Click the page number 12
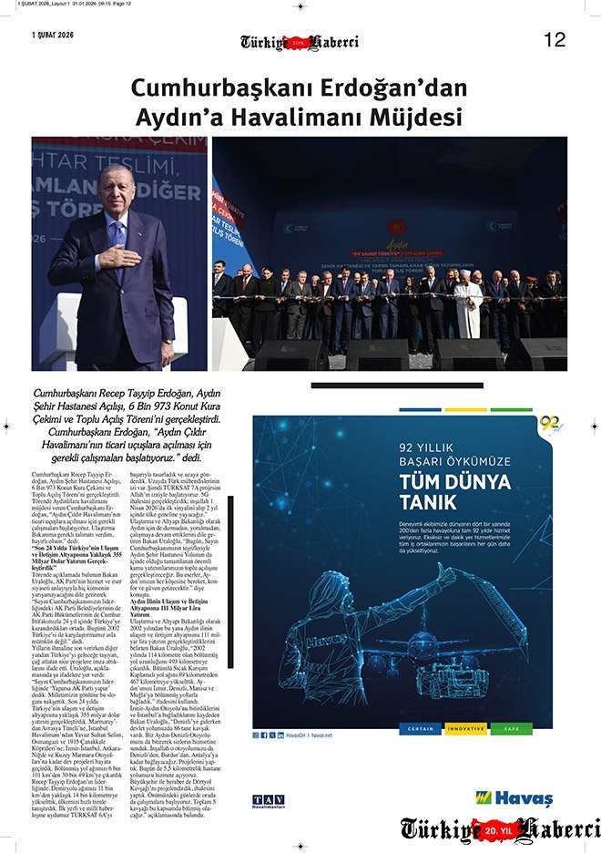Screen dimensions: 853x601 pos(555,39)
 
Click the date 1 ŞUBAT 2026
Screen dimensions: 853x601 pos(52,36)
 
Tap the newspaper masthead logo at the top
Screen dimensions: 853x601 pos(299,42)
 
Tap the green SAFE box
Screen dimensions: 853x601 pos(512,729)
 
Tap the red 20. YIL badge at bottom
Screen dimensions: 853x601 pos(501,830)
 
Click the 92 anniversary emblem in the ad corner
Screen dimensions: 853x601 pos(549,425)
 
